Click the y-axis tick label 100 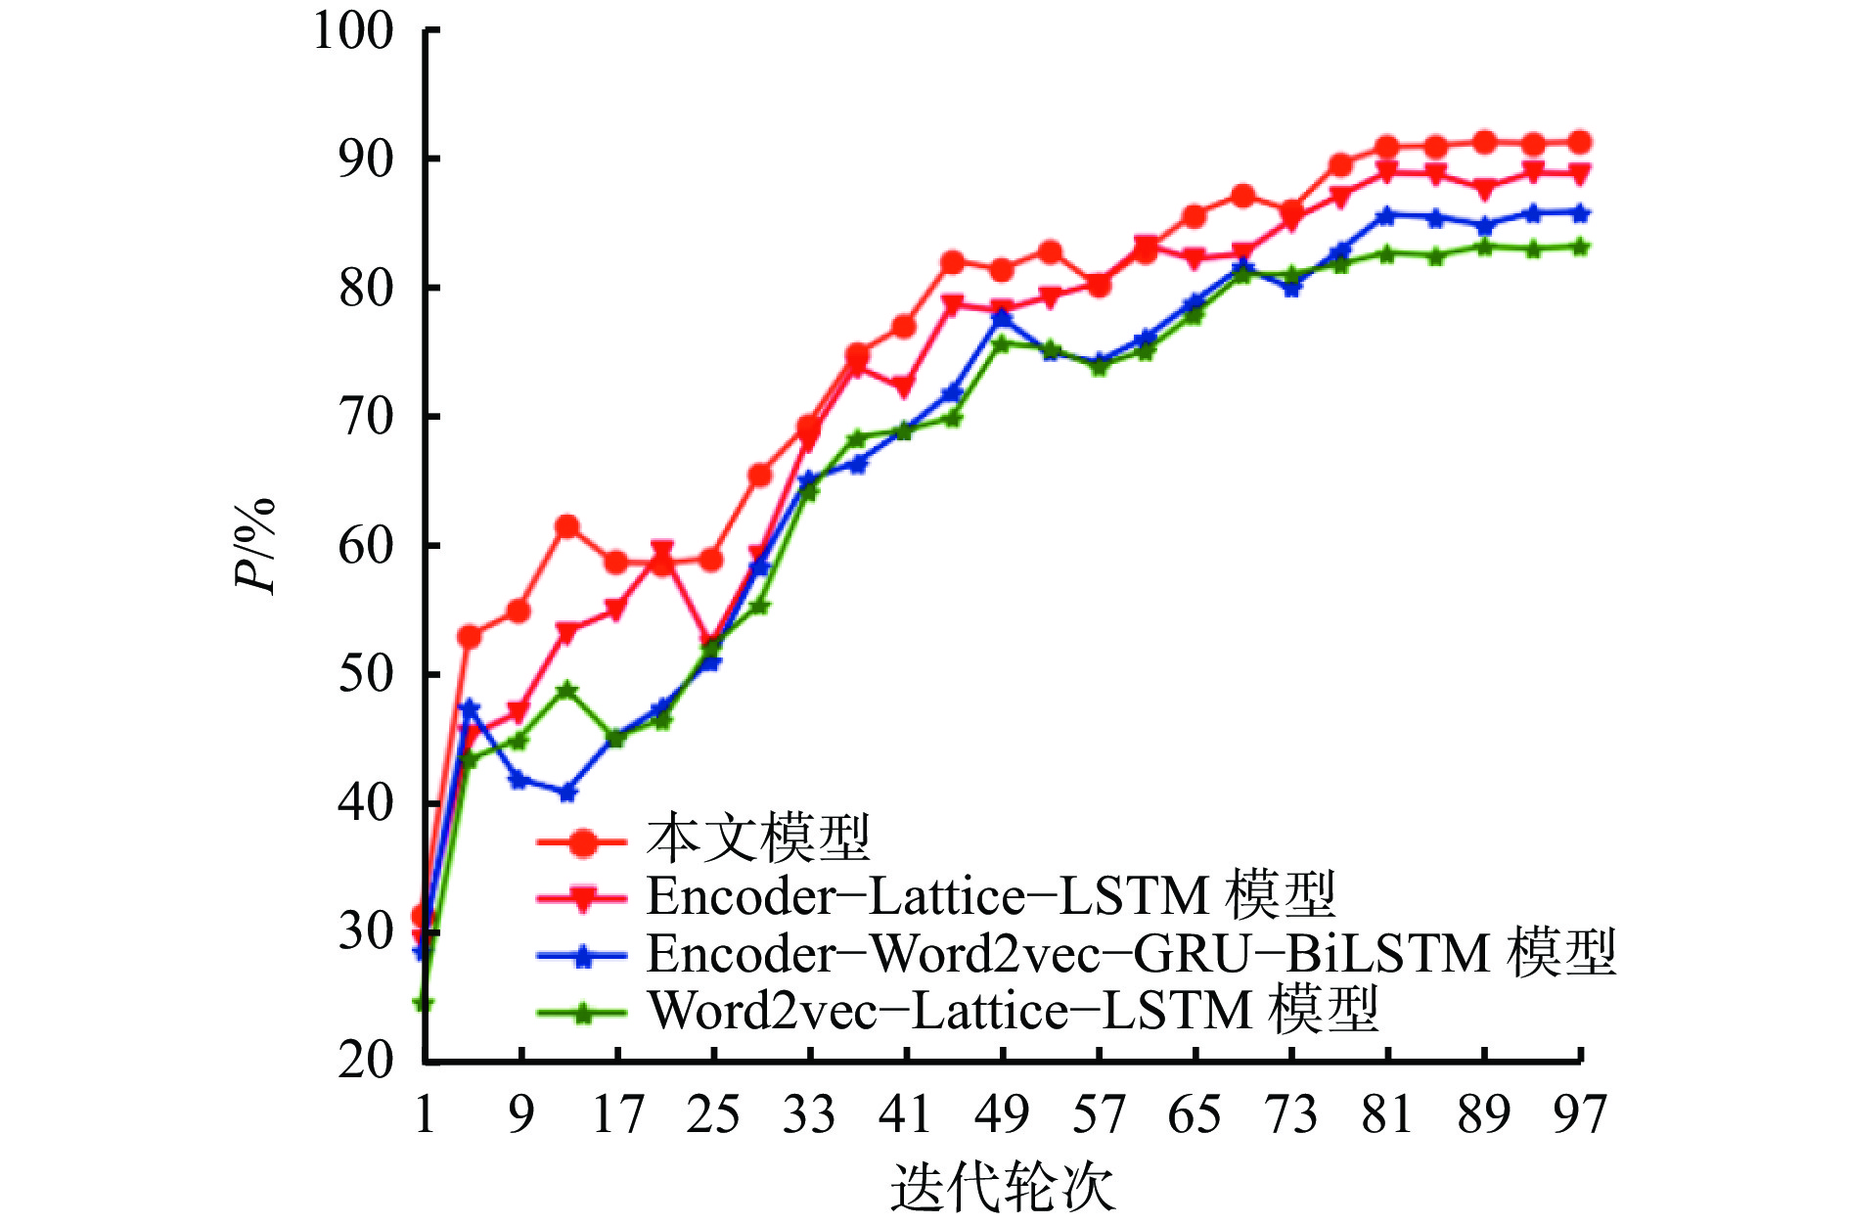point(353,31)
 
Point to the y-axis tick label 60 point(366,546)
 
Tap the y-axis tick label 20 point(366,1060)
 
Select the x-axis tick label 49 point(1003,1114)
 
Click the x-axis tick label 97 point(1579,1114)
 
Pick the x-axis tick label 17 point(617,1114)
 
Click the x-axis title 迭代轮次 point(1003,1187)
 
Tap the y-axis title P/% point(254,546)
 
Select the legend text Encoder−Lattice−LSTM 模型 point(990,895)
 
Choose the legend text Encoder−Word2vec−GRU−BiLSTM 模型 point(1130,953)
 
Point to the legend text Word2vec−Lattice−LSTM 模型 point(1013,1010)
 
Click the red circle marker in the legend point(583,841)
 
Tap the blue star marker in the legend point(583,956)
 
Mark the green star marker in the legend point(583,1013)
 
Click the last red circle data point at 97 point(1579,143)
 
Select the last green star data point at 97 point(1579,247)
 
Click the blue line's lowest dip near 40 point(567,793)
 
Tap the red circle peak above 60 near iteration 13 point(567,527)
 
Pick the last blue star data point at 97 point(1579,213)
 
